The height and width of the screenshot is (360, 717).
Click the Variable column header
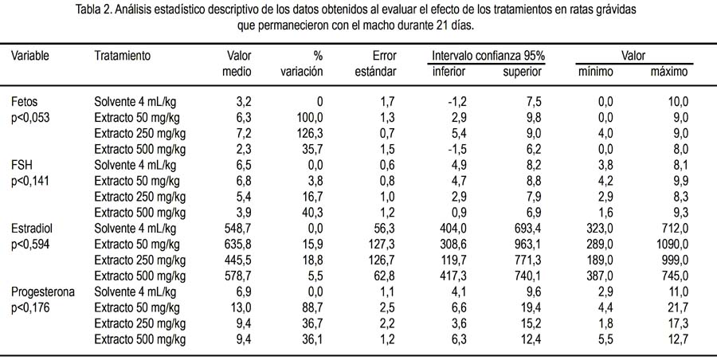pyautogui.click(x=30, y=56)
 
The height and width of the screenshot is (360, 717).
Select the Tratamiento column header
pyautogui.click(x=122, y=56)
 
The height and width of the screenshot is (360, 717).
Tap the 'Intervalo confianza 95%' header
pyautogui.click(x=488, y=56)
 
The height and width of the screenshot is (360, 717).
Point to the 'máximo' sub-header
pyautogui.click(x=668, y=72)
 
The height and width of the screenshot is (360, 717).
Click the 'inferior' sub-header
pyautogui.click(x=449, y=72)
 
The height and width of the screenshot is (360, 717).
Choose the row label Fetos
pyautogui.click(x=24, y=102)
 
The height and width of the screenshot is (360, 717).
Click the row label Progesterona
pyautogui.click(x=42, y=292)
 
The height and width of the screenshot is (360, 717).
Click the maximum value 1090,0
pyautogui.click(x=672, y=244)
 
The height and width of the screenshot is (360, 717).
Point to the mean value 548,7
pyautogui.click(x=237, y=228)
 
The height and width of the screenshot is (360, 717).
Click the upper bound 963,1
pyautogui.click(x=527, y=244)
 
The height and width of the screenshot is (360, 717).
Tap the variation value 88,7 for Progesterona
pyautogui.click(x=313, y=307)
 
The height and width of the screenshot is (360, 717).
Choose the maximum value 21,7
pyautogui.click(x=677, y=307)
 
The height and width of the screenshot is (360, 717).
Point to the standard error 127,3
pyautogui.click(x=382, y=244)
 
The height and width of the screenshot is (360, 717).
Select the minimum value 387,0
pyautogui.click(x=600, y=276)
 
